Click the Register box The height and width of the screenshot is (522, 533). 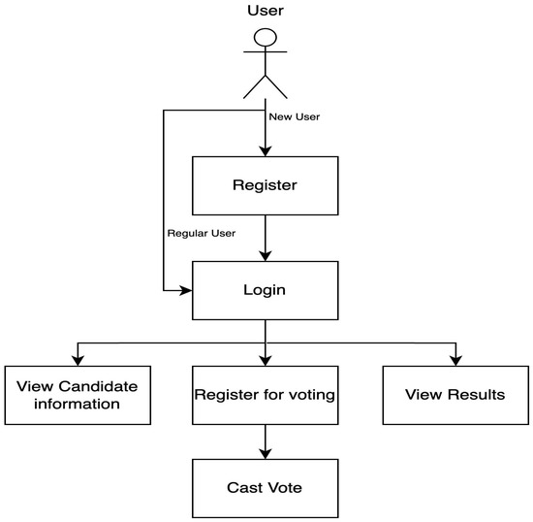[x=265, y=185]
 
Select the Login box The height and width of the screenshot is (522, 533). [x=265, y=290]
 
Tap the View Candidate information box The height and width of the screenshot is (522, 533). [x=78, y=395]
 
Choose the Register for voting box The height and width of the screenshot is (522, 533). [x=265, y=395]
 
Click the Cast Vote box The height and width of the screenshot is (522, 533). [x=265, y=487]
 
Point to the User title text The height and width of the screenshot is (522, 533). [x=265, y=12]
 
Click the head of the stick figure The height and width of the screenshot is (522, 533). [x=265, y=38]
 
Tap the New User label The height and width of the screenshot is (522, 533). [x=294, y=116]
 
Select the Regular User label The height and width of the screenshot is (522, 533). [x=202, y=233]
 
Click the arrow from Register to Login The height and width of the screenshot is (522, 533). [x=265, y=238]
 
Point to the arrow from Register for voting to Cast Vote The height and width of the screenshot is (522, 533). [x=265, y=440]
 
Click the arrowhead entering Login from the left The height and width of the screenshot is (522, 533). [x=186, y=290]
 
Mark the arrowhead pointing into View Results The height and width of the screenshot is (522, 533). [x=455, y=361]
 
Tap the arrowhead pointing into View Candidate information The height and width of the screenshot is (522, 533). [x=78, y=361]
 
